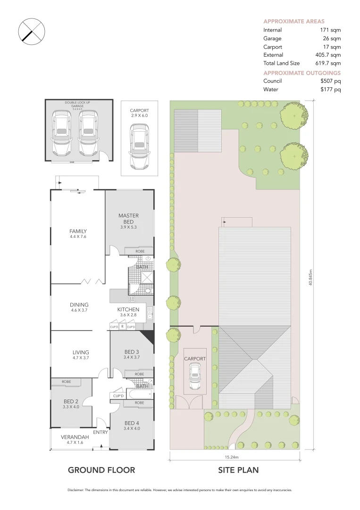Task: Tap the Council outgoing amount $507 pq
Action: click(330, 81)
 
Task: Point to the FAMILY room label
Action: click(78, 231)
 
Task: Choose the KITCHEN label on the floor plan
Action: click(128, 310)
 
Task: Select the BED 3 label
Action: click(132, 352)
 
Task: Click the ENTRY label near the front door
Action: click(100, 432)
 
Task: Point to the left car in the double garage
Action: click(63, 134)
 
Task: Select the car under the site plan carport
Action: click(194, 378)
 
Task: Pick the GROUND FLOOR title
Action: click(101, 470)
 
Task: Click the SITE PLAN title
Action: click(238, 470)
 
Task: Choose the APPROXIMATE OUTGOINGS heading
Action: click(301, 73)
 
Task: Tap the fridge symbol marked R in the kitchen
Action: click(122, 326)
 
